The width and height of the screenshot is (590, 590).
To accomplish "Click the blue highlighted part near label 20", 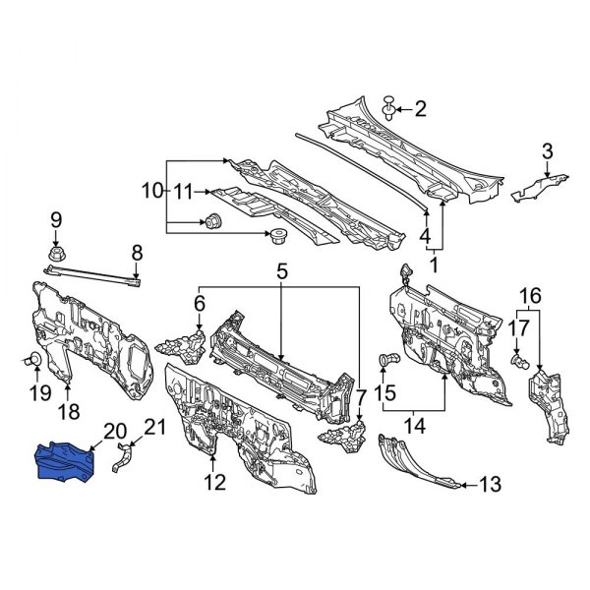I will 64,459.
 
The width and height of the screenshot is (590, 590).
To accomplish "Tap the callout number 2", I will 421,108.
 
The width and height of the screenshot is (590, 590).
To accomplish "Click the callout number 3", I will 547,150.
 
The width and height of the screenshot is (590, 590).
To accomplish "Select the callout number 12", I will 214,482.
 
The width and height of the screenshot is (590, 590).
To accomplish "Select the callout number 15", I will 386,394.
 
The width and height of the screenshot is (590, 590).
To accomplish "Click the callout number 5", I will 281,268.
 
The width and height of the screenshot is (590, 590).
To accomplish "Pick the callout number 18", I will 71,410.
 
